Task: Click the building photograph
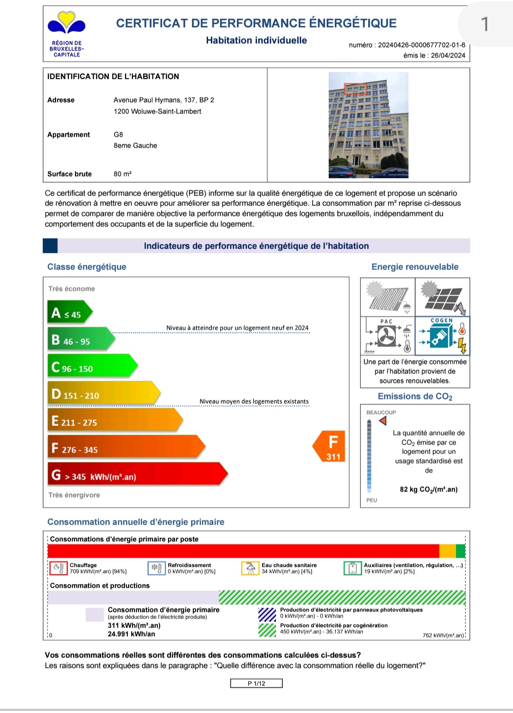[368, 125]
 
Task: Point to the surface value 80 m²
[123, 174]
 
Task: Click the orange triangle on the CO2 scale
[383, 420]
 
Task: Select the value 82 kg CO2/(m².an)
[428, 490]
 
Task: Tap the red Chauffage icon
[58, 568]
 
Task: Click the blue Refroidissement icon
[156, 568]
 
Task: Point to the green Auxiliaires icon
[352, 568]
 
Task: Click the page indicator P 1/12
[256, 683]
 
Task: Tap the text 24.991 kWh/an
[131, 634]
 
